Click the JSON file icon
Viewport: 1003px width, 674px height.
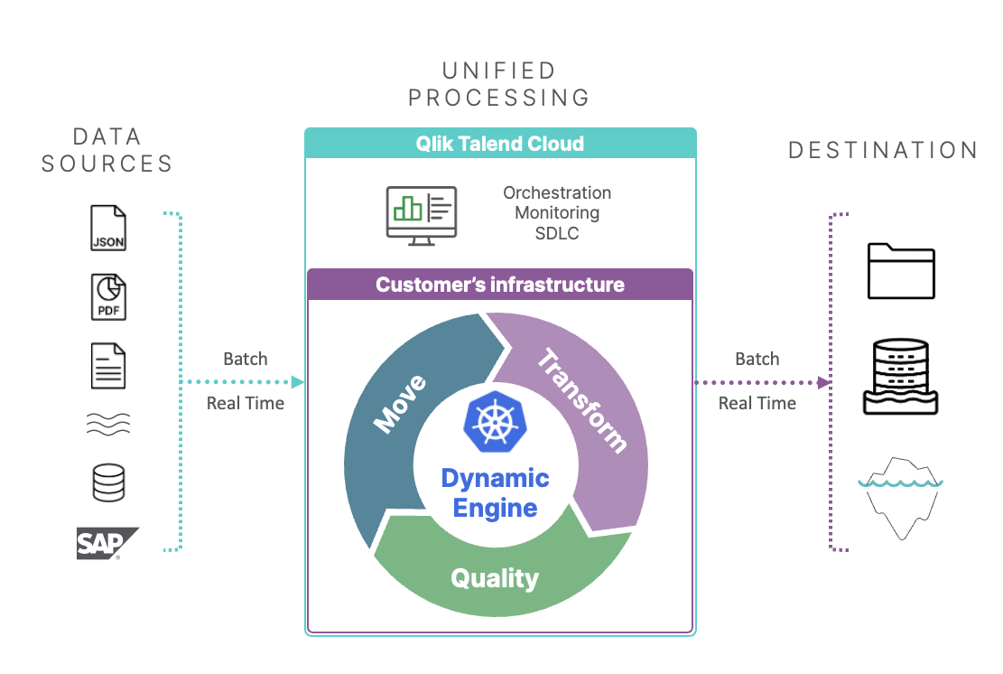108,228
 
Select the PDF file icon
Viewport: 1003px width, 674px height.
108,297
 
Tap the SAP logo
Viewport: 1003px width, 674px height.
107,543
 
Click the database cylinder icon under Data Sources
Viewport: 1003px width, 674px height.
108,482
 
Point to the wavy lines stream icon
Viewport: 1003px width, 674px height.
108,424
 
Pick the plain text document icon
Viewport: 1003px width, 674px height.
108,366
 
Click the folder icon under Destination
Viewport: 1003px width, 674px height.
901,271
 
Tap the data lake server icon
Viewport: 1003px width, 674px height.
901,377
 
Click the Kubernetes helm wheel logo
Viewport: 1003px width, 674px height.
495,422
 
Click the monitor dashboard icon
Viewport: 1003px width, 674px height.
422,216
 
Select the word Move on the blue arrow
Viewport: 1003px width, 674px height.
400,403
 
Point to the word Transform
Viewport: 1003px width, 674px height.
581,400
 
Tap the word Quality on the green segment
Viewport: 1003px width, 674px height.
495,578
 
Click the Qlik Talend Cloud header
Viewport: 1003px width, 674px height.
500,144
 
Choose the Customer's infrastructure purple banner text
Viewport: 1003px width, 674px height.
500,285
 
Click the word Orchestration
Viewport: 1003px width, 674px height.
557,192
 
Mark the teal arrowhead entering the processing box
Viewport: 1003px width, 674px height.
297,382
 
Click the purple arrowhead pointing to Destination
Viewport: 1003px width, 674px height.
824,383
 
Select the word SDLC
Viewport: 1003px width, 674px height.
557,234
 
